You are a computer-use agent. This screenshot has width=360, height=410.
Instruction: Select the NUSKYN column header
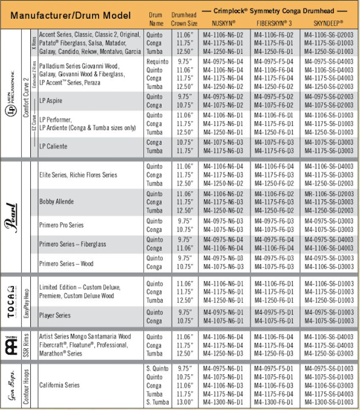(220, 22)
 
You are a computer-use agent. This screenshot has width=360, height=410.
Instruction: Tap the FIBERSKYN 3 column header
(274, 22)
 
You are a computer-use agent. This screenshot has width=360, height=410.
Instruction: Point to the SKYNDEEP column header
(328, 22)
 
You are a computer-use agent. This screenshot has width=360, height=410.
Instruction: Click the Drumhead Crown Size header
(184, 19)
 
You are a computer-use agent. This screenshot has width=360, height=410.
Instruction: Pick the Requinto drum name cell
(157, 62)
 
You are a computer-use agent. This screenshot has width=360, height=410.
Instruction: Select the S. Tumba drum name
(155, 402)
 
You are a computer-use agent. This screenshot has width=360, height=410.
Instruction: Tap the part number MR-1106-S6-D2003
(329, 194)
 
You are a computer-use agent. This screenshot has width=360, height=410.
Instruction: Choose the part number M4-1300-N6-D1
(220, 402)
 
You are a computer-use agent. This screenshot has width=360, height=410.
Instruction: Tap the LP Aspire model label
(51, 101)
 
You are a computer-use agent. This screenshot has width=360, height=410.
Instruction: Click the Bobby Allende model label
(57, 202)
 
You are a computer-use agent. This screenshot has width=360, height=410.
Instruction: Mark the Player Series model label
(55, 316)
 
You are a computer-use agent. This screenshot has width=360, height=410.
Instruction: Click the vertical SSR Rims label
(27, 345)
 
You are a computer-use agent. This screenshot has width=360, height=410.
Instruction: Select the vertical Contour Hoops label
(27, 385)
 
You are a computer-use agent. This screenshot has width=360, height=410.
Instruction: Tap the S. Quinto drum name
(155, 368)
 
